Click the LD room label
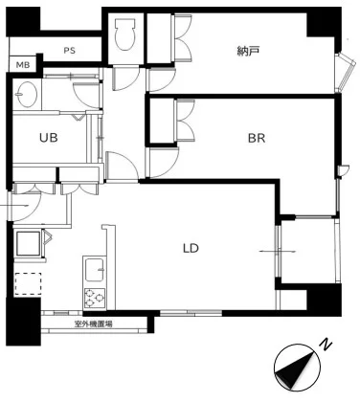point(191,248)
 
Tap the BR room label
point(257,138)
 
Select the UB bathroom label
point(49,138)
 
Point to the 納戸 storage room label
point(248,51)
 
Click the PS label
point(69,51)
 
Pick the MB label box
point(23,65)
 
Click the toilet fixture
point(124,34)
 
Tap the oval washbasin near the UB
point(27,95)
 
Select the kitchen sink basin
point(94,270)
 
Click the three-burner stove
point(95,298)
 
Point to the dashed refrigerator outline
point(28,283)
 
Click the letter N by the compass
point(326,345)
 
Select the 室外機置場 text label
point(93,324)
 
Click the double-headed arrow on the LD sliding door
point(278,252)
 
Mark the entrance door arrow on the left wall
point(14,206)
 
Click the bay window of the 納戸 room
point(345,72)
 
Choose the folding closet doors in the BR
point(185,121)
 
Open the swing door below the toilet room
point(125,78)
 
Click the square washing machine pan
point(29,243)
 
